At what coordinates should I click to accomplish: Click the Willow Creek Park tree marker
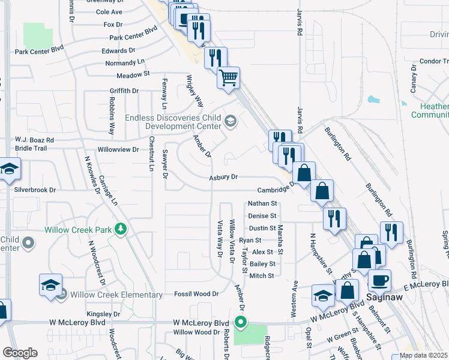pyautogui.click(x=121, y=229)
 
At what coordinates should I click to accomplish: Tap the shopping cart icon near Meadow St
pyautogui.click(x=228, y=77)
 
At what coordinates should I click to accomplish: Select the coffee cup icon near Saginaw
pyautogui.click(x=379, y=280)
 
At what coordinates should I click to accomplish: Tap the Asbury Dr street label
pyautogui.click(x=224, y=178)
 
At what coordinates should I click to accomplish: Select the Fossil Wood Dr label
pyautogui.click(x=196, y=293)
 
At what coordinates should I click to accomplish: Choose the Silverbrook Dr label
pyautogui.click(x=35, y=190)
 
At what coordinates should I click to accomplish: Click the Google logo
pyautogui.click(x=20, y=353)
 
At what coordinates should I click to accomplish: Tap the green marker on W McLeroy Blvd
pyautogui.click(x=241, y=323)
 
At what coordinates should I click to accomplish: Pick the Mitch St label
pyautogui.click(x=262, y=276)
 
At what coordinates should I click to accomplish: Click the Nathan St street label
pyautogui.click(x=262, y=204)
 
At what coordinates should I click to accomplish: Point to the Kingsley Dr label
pyautogui.click(x=103, y=314)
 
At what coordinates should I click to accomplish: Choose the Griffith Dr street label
pyautogui.click(x=124, y=91)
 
